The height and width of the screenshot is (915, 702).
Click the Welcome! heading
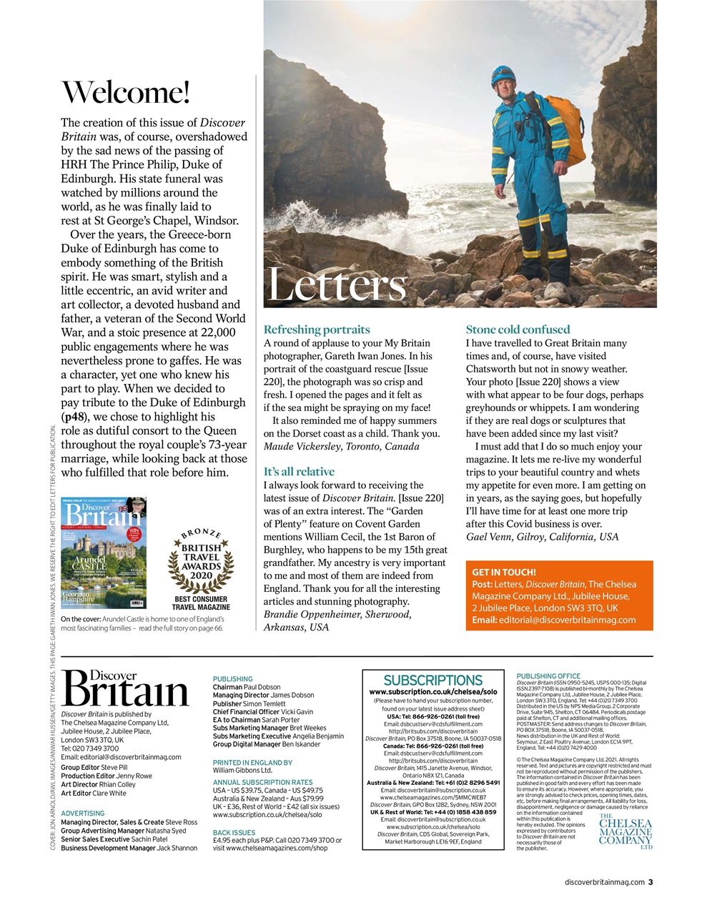[126, 92]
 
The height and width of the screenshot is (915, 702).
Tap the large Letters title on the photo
[336, 286]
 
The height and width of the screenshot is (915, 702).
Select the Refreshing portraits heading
[317, 330]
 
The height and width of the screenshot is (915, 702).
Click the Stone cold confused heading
[518, 330]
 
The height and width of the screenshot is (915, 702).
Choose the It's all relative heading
[299, 472]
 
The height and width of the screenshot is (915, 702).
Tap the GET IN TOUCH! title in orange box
[504, 573]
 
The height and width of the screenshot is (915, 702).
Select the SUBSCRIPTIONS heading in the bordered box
[433, 680]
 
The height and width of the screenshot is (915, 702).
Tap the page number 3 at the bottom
[651, 882]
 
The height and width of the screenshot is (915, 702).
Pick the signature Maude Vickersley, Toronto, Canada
[342, 446]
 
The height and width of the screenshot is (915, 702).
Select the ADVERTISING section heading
[83, 813]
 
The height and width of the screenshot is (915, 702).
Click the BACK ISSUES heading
[234, 833]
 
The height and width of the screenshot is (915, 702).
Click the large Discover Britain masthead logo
[125, 688]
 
